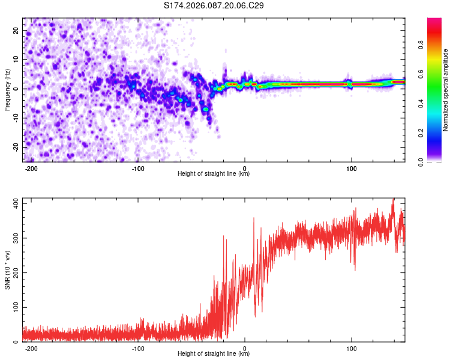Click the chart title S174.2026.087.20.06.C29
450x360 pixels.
(x=214, y=5)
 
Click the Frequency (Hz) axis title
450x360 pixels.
(x=8, y=90)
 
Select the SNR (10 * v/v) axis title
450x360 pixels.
(x=8, y=270)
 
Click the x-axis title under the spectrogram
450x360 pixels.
(x=214, y=174)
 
